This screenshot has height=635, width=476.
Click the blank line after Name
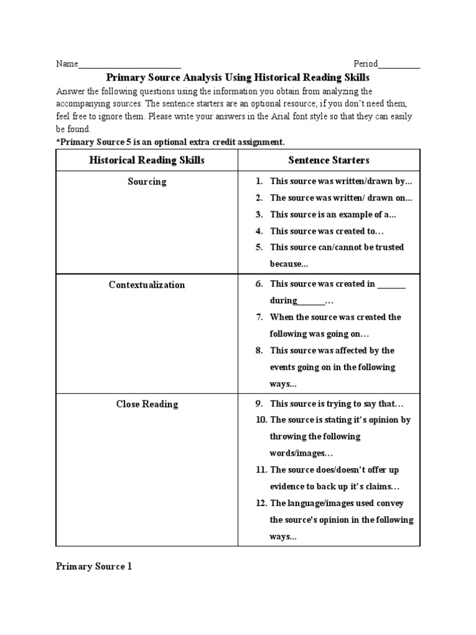[130, 64]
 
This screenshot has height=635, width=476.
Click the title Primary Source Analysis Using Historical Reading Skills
[238, 78]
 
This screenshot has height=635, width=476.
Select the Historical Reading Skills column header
[147, 160]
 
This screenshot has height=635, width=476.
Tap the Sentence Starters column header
[328, 160]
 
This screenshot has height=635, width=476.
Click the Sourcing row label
[147, 182]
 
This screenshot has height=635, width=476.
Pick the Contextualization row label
[147, 285]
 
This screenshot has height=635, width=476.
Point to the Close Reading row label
[147, 404]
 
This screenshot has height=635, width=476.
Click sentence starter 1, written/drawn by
[341, 182]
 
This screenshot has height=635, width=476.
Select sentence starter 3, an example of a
[333, 215]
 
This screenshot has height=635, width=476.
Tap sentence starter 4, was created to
[327, 231]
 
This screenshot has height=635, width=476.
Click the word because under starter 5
[289, 264]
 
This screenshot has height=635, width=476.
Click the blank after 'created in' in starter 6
[392, 285]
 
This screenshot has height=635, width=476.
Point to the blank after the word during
[311, 301]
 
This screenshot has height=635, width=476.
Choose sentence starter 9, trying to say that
[337, 404]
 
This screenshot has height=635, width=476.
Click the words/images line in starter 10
[297, 453]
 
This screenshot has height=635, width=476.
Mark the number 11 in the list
[260, 470]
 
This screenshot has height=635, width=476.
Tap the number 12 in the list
[260, 504]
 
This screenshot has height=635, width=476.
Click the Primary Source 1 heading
[94, 566]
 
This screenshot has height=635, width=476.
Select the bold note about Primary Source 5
[170, 142]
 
